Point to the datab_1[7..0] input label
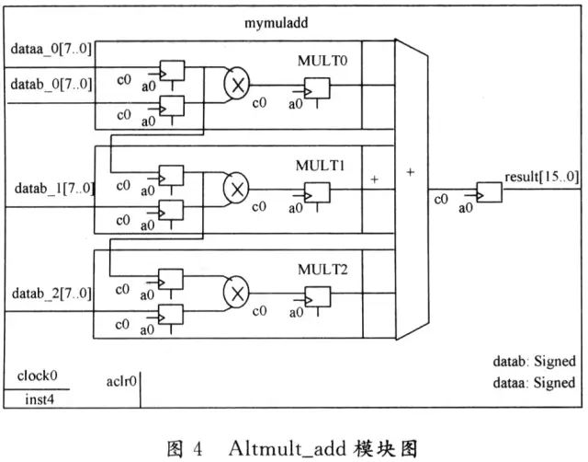coord(53,188)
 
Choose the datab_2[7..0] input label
coord(51,294)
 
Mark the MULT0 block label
coord(319,62)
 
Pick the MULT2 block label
coord(319,271)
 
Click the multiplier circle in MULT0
coord(237,84)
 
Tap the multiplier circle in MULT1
coord(237,189)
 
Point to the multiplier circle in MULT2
coord(237,294)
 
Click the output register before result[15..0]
coord(489,192)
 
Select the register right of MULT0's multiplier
coord(316,88)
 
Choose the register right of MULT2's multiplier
coord(316,297)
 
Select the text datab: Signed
coord(536,362)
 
